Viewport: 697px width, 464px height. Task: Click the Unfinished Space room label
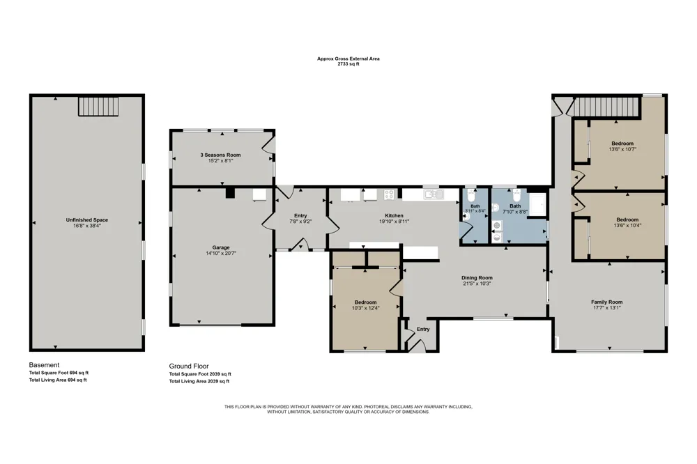click(x=86, y=219)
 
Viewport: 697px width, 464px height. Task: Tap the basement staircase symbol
click(x=99, y=106)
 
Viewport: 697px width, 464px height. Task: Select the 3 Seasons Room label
click(x=220, y=155)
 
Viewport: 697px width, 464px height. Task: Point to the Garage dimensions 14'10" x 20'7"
click(x=221, y=254)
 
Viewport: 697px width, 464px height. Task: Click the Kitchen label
click(x=395, y=215)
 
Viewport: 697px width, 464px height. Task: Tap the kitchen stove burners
click(x=389, y=194)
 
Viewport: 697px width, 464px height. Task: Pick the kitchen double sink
click(x=434, y=194)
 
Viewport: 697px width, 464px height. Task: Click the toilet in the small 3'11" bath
click(x=472, y=194)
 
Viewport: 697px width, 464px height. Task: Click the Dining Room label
click(x=477, y=278)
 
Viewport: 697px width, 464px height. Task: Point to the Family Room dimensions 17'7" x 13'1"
click(x=607, y=307)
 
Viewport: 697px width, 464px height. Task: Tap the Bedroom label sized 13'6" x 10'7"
click(x=622, y=143)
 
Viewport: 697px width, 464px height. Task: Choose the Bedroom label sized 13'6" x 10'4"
click(x=627, y=219)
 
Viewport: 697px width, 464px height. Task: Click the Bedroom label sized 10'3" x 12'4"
click(x=365, y=302)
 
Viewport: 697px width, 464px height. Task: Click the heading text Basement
click(x=44, y=365)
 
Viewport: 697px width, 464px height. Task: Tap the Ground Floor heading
click(x=189, y=366)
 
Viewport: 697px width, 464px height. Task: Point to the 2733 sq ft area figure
click(x=348, y=64)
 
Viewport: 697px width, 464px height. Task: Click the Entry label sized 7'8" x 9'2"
click(x=300, y=215)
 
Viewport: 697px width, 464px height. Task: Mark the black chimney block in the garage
click(x=230, y=193)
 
